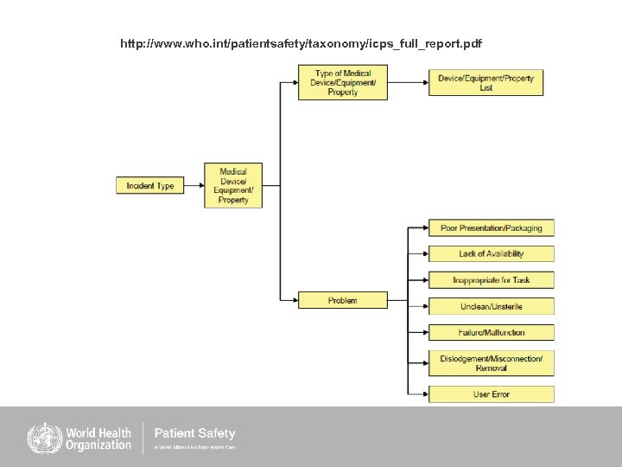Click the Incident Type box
[150, 185]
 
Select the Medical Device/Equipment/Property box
[233, 185]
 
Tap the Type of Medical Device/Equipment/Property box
[343, 83]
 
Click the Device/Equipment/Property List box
[486, 83]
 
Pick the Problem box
[343, 300]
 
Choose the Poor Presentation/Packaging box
[491, 228]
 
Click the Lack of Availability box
[491, 253]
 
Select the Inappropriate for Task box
[491, 280]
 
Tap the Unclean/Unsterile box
[491, 306]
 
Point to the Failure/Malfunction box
[491, 332]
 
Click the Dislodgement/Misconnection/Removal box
[491, 363]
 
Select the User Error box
[491, 394]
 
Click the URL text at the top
[301, 43]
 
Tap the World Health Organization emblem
[42, 438]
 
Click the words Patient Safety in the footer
[194, 433]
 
